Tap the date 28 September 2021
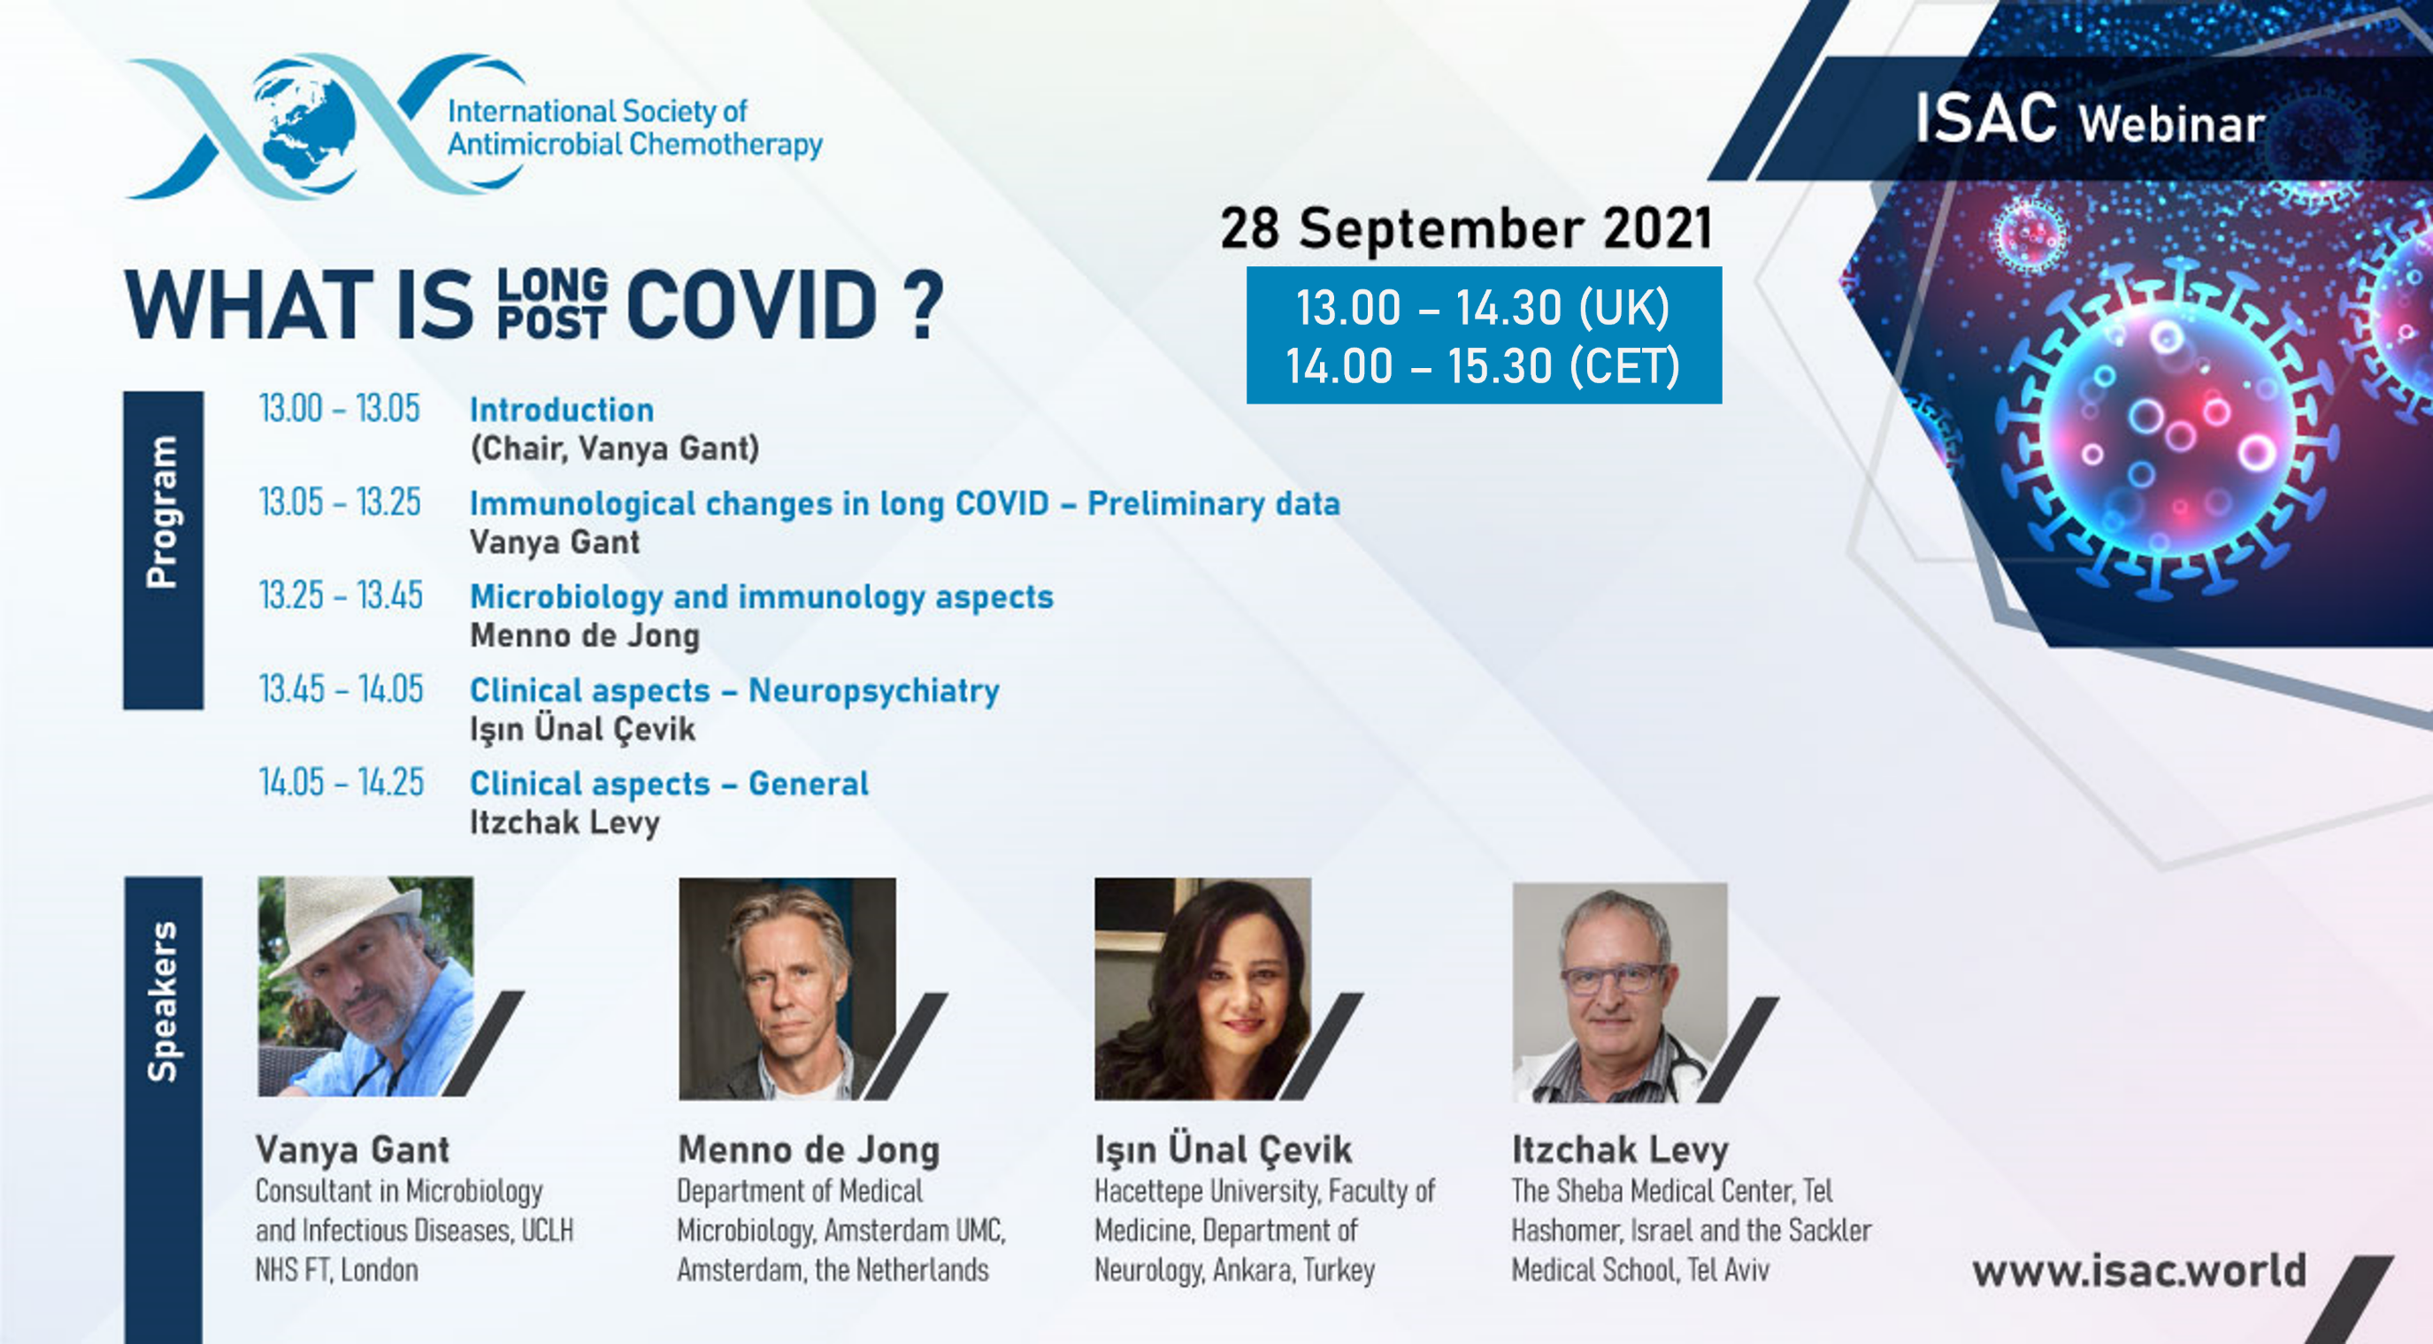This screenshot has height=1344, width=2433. (x=1466, y=228)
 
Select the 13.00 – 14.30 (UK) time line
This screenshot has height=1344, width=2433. (x=1482, y=308)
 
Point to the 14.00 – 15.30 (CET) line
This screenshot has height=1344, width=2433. (x=1483, y=365)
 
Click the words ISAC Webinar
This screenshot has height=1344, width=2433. (x=2090, y=120)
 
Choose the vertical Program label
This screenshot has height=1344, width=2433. (x=163, y=512)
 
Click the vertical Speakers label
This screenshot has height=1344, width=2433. (x=163, y=1002)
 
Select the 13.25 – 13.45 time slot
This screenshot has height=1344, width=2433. (x=341, y=596)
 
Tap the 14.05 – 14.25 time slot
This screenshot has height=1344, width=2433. (x=341, y=783)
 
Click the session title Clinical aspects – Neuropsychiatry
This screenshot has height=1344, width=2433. (x=735, y=691)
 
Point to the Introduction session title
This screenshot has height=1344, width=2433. (x=562, y=410)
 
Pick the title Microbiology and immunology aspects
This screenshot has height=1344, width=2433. (x=761, y=598)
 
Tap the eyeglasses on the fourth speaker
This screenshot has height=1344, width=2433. (x=1612, y=978)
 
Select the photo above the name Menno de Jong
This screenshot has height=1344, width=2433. (x=787, y=989)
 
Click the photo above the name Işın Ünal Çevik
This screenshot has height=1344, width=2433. (x=1202, y=989)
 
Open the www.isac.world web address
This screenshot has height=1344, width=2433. (x=2138, y=1271)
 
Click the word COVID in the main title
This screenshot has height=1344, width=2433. (x=752, y=304)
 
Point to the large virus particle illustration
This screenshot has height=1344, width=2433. (x=2163, y=430)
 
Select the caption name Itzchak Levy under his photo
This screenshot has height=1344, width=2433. (x=1620, y=1150)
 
